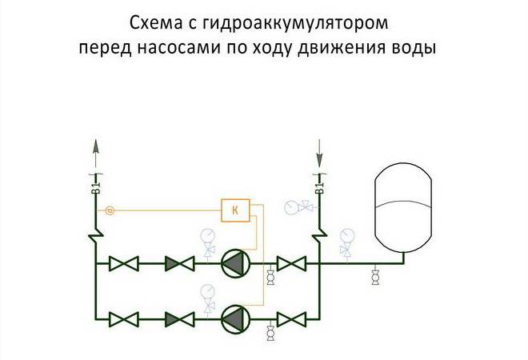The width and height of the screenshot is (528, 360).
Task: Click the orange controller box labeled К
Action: (235, 210)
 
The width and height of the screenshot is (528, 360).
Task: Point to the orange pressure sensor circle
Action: (110, 210)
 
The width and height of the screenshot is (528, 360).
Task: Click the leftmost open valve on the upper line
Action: (124, 262)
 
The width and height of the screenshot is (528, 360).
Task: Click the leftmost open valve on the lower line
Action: (124, 318)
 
